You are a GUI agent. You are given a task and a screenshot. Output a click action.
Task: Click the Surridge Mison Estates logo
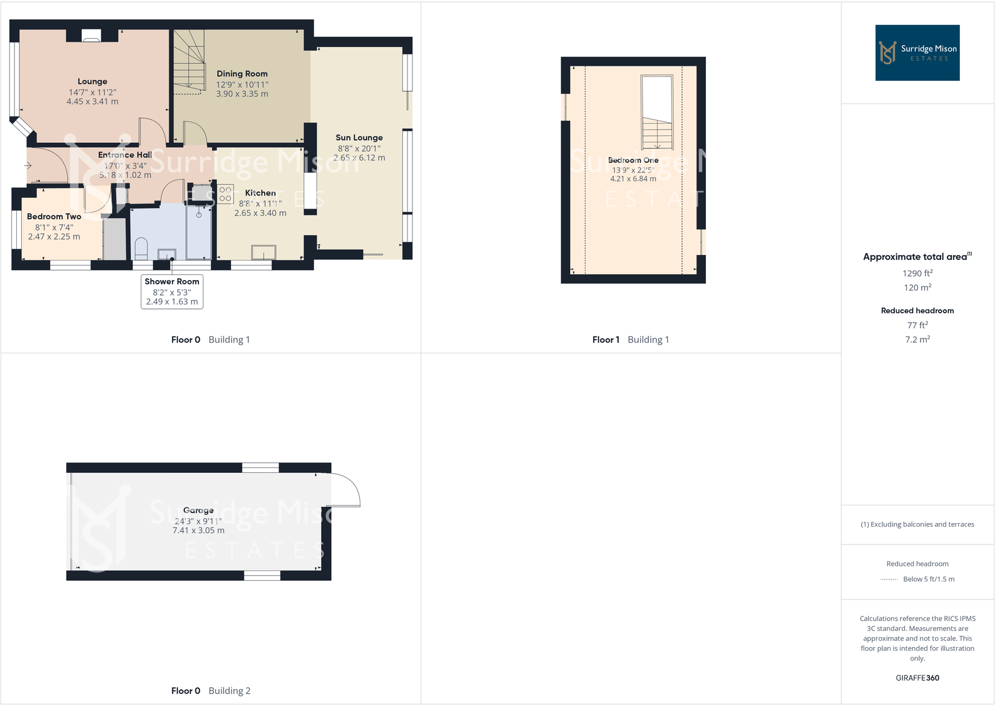click(x=917, y=53)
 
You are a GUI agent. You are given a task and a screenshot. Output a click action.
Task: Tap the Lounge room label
click(x=93, y=81)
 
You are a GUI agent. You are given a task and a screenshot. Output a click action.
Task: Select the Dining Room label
click(x=242, y=74)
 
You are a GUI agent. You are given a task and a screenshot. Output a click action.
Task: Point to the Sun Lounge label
click(x=359, y=138)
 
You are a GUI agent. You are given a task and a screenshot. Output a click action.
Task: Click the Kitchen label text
click(x=260, y=193)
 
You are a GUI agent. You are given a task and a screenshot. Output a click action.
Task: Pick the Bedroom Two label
click(x=54, y=217)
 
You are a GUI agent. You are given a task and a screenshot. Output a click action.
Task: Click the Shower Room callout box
click(x=172, y=291)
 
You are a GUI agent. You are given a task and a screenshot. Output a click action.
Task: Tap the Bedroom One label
click(x=633, y=160)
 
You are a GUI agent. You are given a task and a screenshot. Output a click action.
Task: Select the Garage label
click(x=198, y=511)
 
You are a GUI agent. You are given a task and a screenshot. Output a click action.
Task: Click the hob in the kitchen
click(x=225, y=194)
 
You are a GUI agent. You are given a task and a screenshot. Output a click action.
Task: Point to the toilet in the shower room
click(x=141, y=247)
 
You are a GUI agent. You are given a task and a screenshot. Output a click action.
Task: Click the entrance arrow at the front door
click(x=28, y=165)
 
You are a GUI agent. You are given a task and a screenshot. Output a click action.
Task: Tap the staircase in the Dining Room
click(x=189, y=61)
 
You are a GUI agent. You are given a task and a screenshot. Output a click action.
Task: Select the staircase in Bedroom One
click(x=657, y=113)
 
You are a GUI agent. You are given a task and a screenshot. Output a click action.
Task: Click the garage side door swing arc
click(x=346, y=489)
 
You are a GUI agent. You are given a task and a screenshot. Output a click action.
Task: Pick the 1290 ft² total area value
click(x=917, y=273)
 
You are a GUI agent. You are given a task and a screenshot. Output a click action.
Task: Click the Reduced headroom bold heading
click(x=917, y=311)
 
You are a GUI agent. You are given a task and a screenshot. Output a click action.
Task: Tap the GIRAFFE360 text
click(x=917, y=678)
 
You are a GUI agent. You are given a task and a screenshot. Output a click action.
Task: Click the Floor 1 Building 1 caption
click(x=631, y=340)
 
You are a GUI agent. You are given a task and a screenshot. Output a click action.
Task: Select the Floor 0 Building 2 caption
click(x=211, y=691)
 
